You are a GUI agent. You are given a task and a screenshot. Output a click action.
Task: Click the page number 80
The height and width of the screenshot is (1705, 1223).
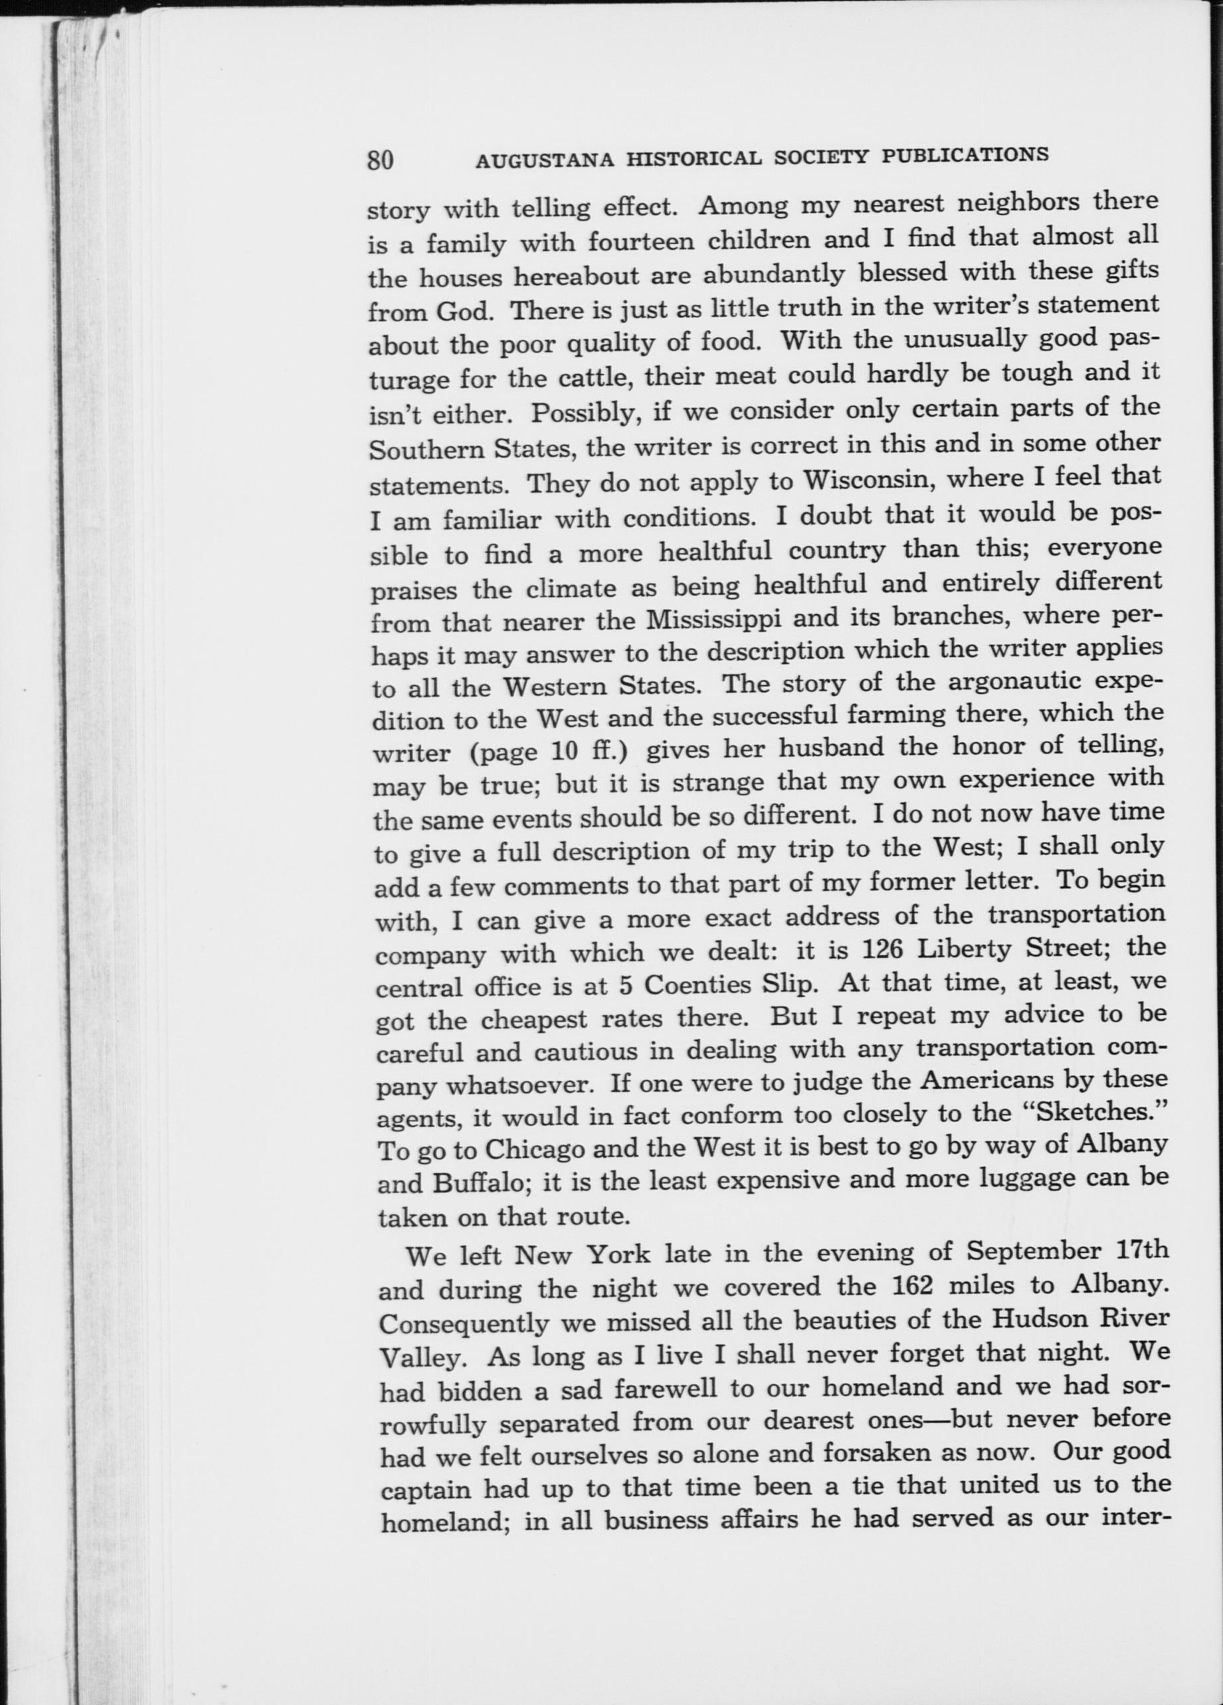pyautogui.click(x=381, y=160)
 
